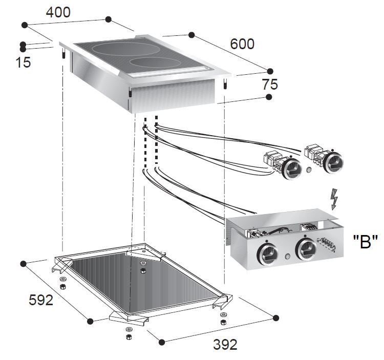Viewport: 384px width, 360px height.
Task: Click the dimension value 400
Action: click(x=58, y=12)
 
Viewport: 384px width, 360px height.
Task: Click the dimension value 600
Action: click(x=242, y=45)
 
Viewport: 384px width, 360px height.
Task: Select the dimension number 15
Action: click(x=23, y=62)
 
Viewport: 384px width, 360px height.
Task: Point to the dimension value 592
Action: click(x=40, y=300)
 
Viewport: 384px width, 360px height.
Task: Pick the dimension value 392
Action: click(x=225, y=345)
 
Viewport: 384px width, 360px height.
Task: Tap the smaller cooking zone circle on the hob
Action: click(x=157, y=65)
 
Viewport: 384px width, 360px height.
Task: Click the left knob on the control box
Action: click(x=267, y=252)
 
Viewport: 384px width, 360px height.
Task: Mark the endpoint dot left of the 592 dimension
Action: click(x=23, y=264)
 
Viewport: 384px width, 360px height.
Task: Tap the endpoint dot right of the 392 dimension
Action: click(x=276, y=318)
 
